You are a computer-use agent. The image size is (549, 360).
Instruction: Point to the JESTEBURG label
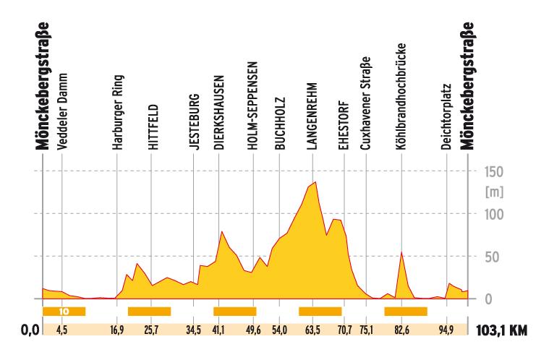pyautogui.click(x=192, y=123)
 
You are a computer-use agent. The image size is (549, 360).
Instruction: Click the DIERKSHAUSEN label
pyautogui.click(x=218, y=111)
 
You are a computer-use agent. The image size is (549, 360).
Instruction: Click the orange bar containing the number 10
pyautogui.click(x=64, y=312)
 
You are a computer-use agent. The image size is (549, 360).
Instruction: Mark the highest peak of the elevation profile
pyautogui.click(x=315, y=182)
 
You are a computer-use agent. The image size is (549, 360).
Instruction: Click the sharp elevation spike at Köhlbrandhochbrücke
pyautogui.click(x=401, y=252)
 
